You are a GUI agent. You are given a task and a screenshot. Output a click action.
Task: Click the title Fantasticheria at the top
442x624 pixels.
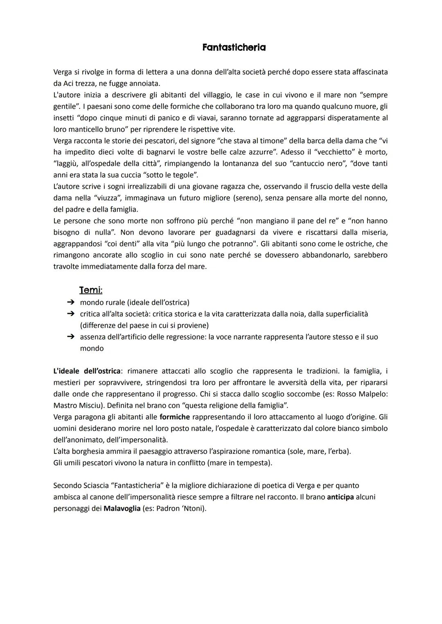click(234, 47)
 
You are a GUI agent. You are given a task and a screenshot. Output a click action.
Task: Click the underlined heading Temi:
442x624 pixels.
click(90, 290)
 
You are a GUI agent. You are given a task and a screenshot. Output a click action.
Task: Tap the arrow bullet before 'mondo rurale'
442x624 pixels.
click(71, 302)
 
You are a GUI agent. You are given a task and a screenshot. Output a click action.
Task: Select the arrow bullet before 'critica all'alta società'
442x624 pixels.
click(71, 314)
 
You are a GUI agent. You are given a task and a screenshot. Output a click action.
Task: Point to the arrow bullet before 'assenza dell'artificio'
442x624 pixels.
click(71, 337)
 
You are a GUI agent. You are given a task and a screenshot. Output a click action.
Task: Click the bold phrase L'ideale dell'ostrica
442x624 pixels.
click(87, 371)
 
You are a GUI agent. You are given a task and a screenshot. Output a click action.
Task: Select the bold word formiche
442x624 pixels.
click(175, 417)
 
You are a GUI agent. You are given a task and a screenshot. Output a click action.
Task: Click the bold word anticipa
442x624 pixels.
click(340, 497)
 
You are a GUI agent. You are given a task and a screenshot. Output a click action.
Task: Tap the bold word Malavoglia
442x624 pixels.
click(122, 508)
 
